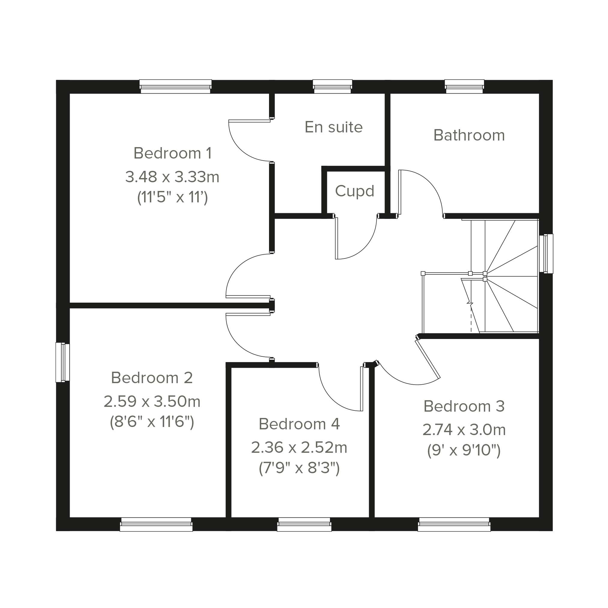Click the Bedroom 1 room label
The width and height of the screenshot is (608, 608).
(173, 153)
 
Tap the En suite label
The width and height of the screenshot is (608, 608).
(334, 127)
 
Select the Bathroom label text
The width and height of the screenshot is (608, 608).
(469, 135)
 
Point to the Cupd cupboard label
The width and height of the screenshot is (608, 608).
(354, 191)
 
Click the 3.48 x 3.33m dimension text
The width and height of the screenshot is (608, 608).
(172, 177)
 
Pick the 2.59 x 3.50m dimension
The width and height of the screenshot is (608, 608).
(152, 401)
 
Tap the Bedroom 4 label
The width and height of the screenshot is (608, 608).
(299, 424)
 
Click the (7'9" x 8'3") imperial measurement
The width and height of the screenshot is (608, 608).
(299, 468)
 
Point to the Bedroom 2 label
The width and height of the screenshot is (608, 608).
(152, 378)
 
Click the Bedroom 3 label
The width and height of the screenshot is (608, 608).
(464, 406)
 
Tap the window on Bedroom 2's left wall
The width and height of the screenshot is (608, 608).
(63, 362)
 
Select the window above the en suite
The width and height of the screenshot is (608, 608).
(332, 86)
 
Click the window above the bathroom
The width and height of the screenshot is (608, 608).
(464, 86)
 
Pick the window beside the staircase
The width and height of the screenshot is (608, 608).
(546, 253)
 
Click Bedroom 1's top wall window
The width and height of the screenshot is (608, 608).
(175, 86)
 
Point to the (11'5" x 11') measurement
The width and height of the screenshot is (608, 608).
(172, 198)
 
